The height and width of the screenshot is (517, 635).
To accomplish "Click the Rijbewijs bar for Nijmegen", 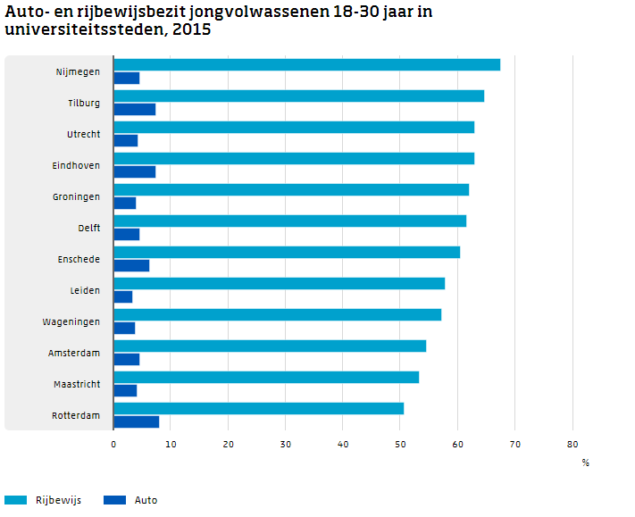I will point(306,64).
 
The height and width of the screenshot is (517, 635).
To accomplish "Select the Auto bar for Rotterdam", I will point(137,421).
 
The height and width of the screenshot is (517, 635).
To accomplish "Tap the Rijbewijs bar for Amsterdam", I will point(270,346).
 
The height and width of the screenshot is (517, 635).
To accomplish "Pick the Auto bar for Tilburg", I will point(135,109).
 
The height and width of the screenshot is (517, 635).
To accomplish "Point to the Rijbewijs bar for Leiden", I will point(279,283).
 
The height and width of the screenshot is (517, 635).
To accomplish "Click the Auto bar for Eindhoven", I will point(135,171).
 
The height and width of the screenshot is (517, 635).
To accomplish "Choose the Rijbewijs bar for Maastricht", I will point(266,377).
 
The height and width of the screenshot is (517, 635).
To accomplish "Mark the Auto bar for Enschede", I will point(131,265).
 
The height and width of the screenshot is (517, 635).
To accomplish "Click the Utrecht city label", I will point(83,135).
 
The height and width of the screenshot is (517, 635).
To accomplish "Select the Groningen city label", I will point(76,197).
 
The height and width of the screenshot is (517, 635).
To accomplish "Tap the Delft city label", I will point(88,229).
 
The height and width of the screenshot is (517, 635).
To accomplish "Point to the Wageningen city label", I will point(71,322).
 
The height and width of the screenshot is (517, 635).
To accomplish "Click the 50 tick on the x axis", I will point(400,444).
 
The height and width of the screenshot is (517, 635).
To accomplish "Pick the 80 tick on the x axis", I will point(572,444).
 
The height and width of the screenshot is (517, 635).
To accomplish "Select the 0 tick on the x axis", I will point(113,444).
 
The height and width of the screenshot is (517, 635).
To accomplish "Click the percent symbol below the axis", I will point(586,463).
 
